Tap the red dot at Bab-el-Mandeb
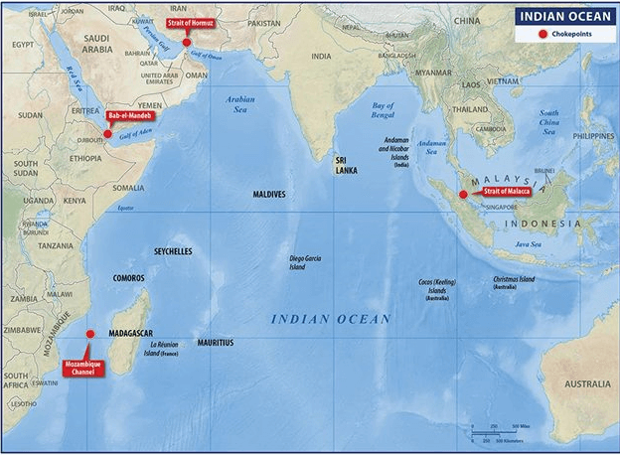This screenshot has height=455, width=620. click(x=108, y=133)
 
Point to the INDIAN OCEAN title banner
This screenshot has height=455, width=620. click(x=561, y=16)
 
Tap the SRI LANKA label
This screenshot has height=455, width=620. click(x=346, y=164)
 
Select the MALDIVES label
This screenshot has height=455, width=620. click(x=268, y=195)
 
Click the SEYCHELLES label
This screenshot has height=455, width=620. click(x=173, y=251)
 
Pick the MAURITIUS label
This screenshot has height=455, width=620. click(x=215, y=342)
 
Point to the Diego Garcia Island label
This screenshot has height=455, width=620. click(x=307, y=261)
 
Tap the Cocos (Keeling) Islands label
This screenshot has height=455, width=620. click(x=437, y=289)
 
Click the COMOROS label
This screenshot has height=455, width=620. click(x=129, y=278)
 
